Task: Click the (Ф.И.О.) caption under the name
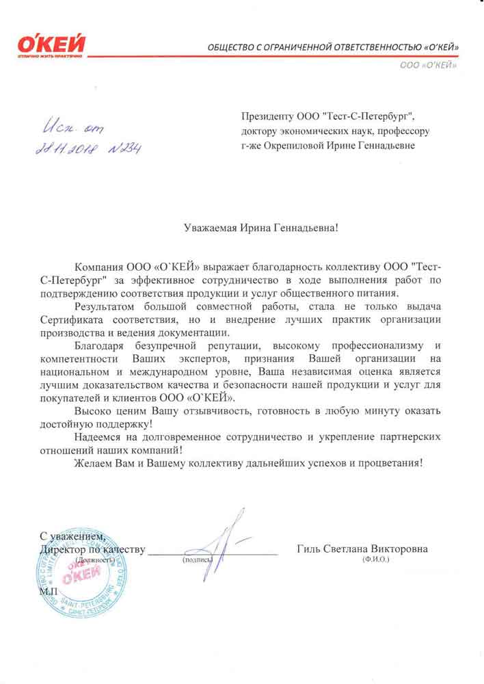[376, 560]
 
